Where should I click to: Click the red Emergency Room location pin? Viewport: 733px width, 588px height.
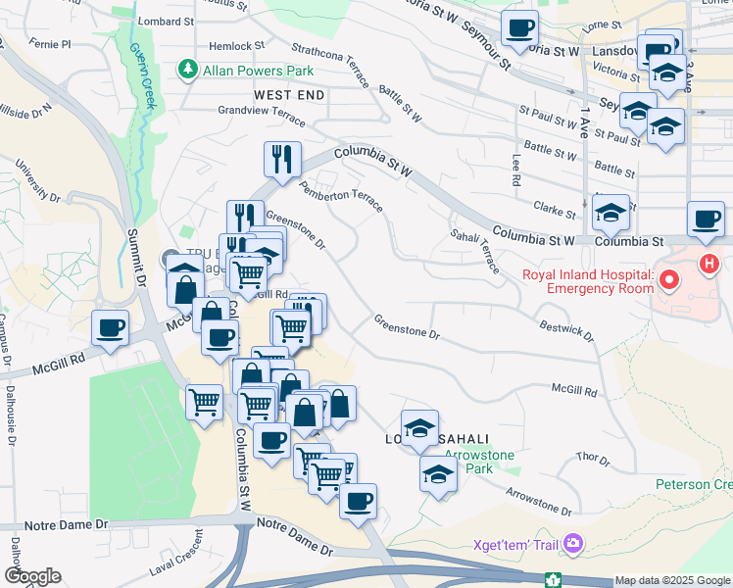coord(669,282)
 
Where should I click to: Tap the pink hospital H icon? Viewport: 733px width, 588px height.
coord(709,264)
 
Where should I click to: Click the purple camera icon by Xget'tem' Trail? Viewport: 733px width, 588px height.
coord(574,544)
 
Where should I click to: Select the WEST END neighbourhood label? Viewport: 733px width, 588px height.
coord(288,95)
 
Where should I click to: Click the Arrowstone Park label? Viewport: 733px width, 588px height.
coord(468,462)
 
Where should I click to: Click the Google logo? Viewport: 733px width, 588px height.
coord(31,576)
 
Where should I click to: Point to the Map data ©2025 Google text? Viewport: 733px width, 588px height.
coord(672,580)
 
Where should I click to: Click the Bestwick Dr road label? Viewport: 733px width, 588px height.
coord(565,329)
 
